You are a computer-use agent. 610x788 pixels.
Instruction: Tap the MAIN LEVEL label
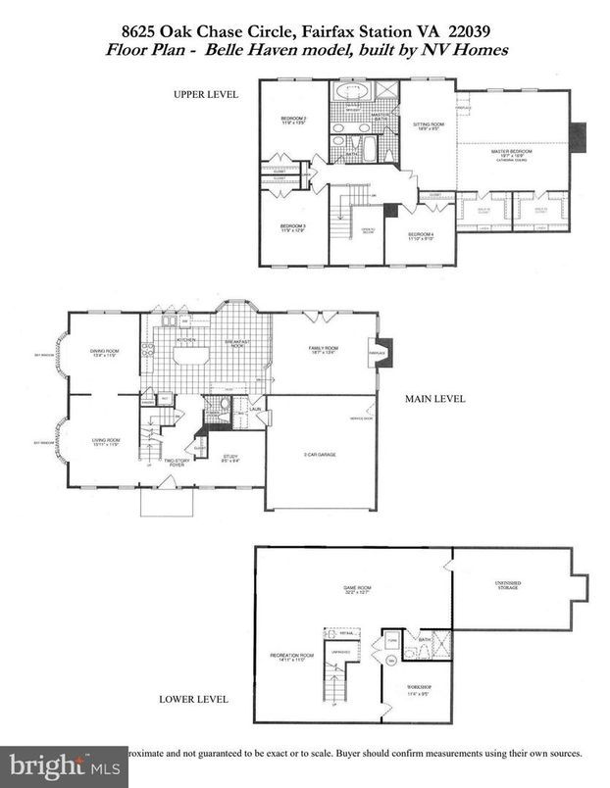[434, 399]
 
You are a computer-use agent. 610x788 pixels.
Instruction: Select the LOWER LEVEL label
[194, 699]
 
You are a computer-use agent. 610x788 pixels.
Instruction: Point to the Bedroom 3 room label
[291, 228]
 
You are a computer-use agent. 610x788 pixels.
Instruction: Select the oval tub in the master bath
[351, 92]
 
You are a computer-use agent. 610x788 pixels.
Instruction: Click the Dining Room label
[97, 354]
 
